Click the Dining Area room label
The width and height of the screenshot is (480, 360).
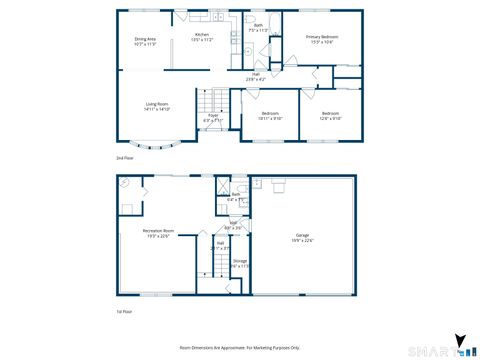(145, 40)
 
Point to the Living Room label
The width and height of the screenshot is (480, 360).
(156, 106)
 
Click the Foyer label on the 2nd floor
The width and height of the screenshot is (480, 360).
(214, 117)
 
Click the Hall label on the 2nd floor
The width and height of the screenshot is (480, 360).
(256, 75)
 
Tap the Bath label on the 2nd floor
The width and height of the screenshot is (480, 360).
(258, 27)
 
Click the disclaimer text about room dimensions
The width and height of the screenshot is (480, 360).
(239, 346)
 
